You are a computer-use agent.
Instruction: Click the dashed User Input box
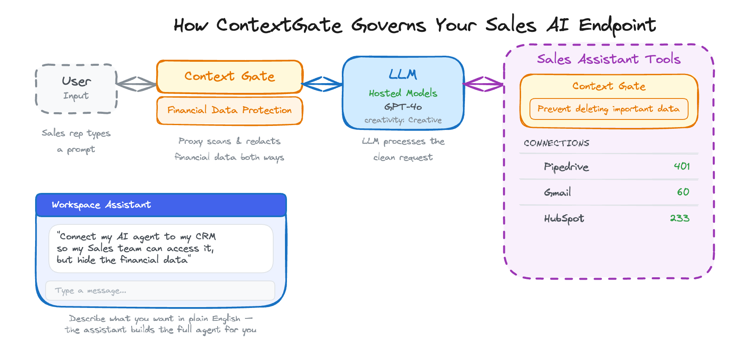tap(76, 88)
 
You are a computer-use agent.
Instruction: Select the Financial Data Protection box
tap(229, 110)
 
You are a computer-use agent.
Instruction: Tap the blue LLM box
tap(403, 93)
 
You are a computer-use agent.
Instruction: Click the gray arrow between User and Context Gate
tap(136, 84)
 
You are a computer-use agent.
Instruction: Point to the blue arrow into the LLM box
tap(322, 84)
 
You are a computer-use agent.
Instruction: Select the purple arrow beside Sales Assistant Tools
tap(484, 84)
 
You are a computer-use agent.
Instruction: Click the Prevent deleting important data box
tap(609, 109)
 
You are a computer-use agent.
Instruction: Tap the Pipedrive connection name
tap(566, 167)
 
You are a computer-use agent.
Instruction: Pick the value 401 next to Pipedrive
tap(682, 166)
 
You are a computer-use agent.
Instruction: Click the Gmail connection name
tap(557, 193)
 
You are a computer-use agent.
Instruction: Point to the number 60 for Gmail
tap(683, 192)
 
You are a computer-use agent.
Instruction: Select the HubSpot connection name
tap(564, 218)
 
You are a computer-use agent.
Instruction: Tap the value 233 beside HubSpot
tap(680, 218)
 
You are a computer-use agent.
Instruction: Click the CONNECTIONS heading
tap(556, 143)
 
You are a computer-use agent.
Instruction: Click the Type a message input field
tap(160, 291)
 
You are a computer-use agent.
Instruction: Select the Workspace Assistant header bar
tap(161, 205)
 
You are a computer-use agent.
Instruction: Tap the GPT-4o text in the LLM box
tap(403, 107)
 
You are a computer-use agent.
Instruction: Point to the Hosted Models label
tap(403, 93)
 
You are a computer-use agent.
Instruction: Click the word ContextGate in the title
tap(279, 25)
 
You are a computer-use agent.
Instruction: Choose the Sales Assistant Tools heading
tap(609, 59)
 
